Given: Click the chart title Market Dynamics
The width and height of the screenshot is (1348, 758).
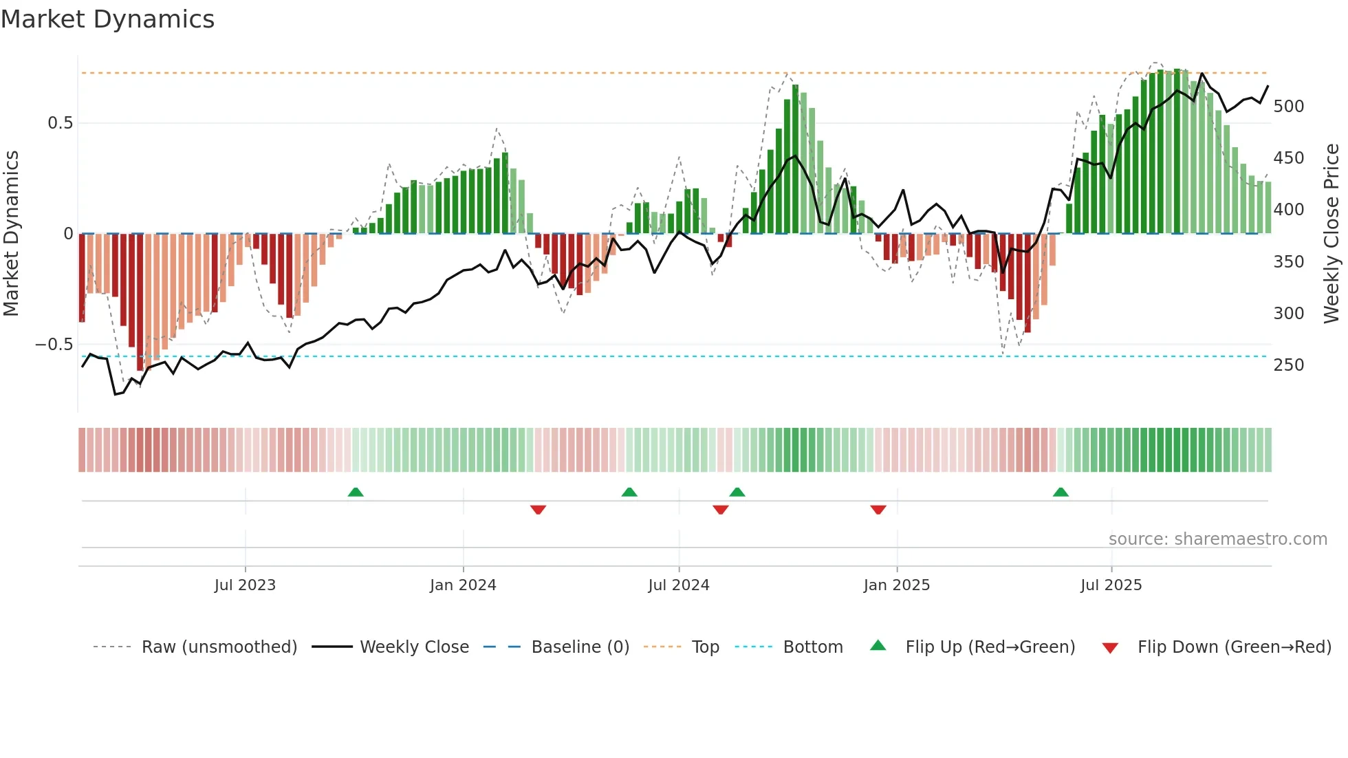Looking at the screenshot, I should pyautogui.click(x=107, y=19).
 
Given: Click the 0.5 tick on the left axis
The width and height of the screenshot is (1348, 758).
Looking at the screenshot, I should pyautogui.click(x=60, y=123).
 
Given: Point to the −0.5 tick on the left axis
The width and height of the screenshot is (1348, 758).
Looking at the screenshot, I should pyautogui.click(x=54, y=345).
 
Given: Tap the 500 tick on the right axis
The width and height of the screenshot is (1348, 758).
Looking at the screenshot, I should pyautogui.click(x=1288, y=107).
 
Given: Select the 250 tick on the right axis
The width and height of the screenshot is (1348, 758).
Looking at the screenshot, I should pyautogui.click(x=1288, y=365).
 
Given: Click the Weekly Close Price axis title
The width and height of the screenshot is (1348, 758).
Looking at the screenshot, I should pyautogui.click(x=1331, y=233).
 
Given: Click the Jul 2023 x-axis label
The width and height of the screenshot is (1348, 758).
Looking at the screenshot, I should pyautogui.click(x=245, y=585).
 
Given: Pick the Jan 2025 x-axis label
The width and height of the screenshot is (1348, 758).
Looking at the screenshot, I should pyautogui.click(x=896, y=585).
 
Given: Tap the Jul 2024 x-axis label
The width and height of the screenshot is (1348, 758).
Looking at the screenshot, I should pyautogui.click(x=678, y=585).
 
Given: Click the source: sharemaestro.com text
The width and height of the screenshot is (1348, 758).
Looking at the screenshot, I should pyautogui.click(x=1217, y=539).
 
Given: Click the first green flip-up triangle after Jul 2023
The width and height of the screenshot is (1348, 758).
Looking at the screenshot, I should pyautogui.click(x=356, y=492).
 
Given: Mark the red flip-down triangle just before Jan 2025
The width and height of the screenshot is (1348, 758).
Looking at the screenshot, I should pyautogui.click(x=878, y=510).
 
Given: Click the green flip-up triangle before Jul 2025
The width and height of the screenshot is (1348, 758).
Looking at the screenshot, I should pyautogui.click(x=1061, y=492).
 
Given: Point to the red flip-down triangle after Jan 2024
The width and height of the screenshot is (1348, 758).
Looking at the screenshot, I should pyautogui.click(x=538, y=510).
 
